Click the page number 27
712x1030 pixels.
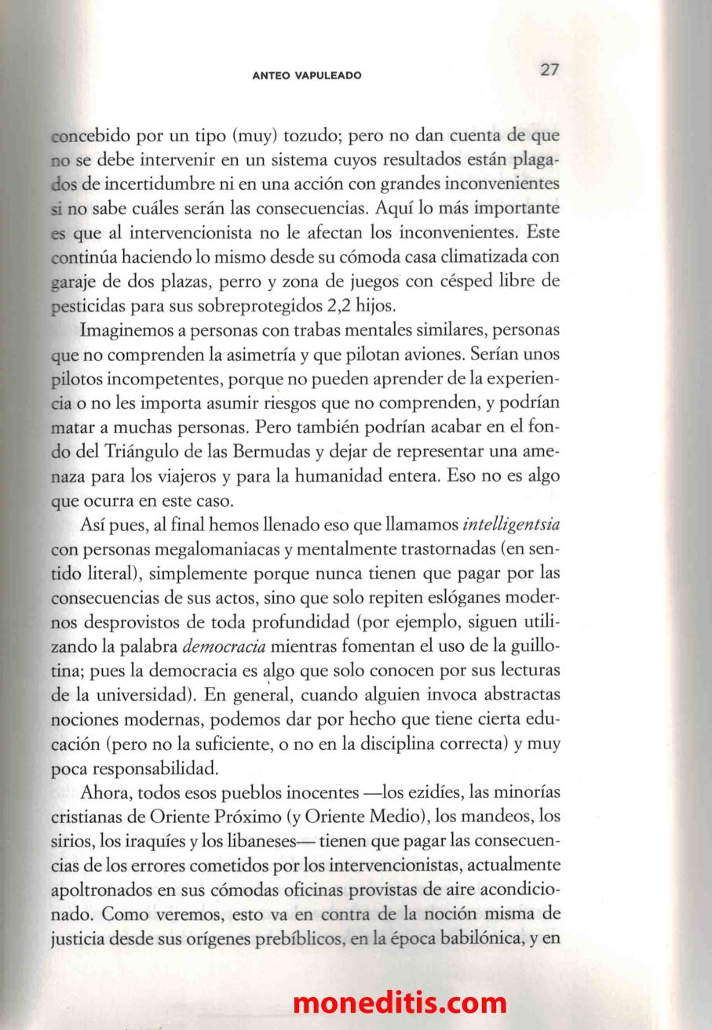(550, 69)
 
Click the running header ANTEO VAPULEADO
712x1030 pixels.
(307, 75)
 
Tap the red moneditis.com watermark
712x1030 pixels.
(400, 1003)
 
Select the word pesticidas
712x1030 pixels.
(89, 305)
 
